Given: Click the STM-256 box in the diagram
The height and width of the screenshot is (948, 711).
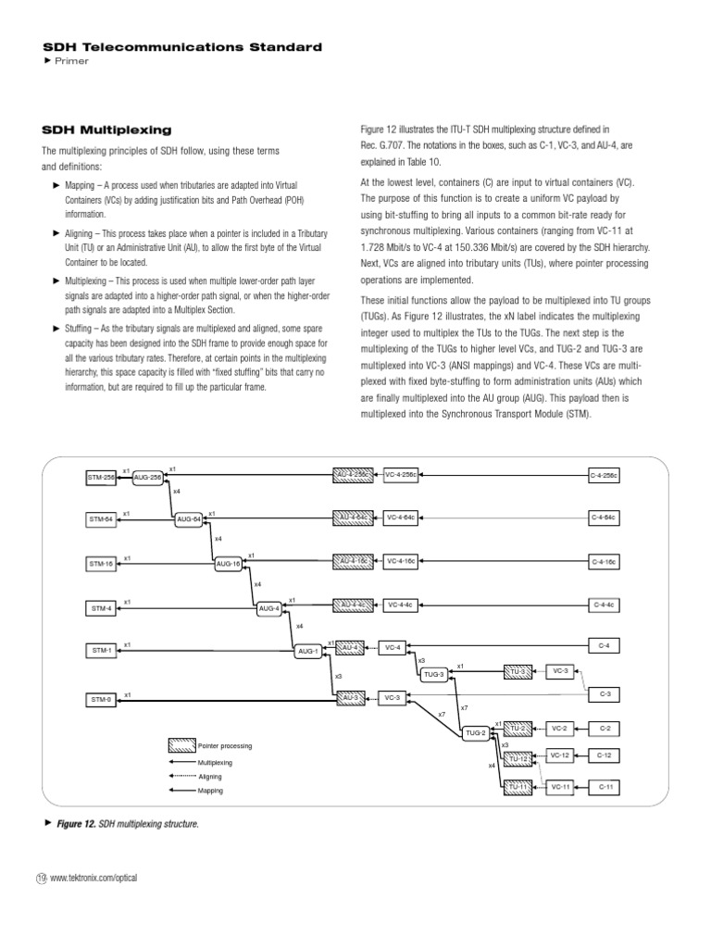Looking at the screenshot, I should [x=100, y=477].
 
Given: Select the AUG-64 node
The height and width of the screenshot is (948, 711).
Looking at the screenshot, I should [x=189, y=519].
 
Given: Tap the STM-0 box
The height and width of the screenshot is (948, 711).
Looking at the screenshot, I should [x=100, y=700].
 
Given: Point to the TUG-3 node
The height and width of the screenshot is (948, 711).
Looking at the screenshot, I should [x=434, y=675].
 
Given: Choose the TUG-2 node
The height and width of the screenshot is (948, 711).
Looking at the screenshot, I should [x=476, y=732].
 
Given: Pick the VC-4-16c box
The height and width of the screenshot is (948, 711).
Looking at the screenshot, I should [x=401, y=561].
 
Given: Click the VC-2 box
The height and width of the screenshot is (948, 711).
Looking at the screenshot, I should [x=558, y=729].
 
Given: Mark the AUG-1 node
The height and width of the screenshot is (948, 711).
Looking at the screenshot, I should [x=308, y=651].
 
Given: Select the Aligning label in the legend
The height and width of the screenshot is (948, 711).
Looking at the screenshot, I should [x=210, y=777].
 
